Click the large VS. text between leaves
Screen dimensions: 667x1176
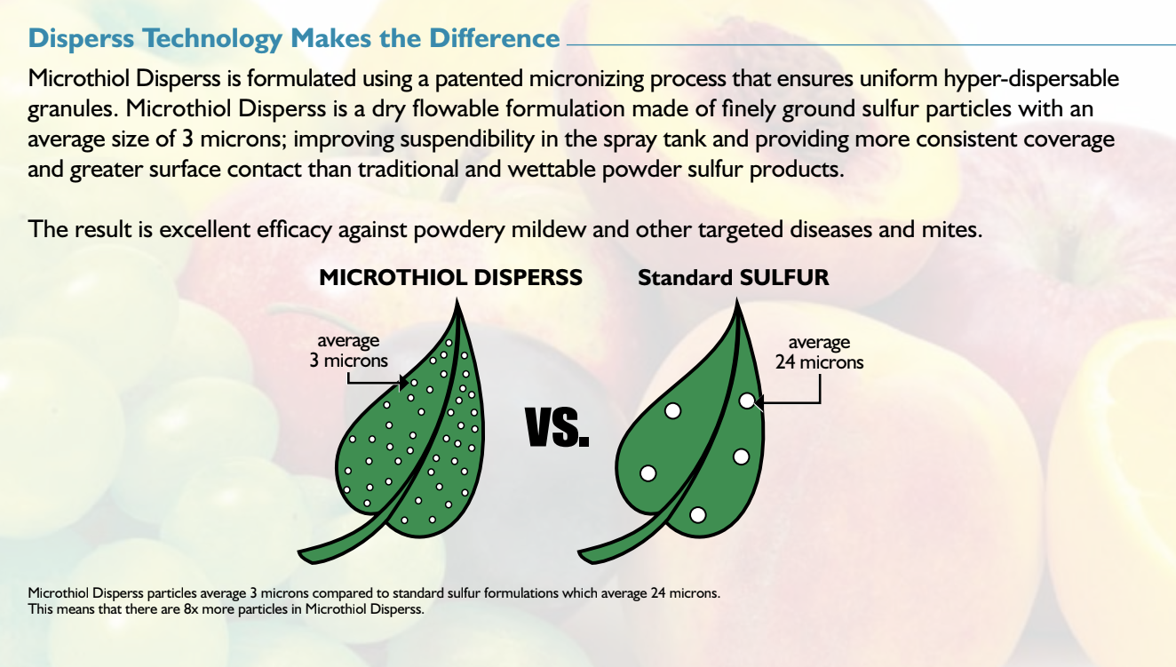point(557,428)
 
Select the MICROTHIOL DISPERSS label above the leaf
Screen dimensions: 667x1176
point(450,277)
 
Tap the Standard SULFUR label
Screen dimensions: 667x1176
point(733,277)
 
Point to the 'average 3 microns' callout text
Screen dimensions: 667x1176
point(348,351)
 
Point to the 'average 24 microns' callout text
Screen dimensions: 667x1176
point(819,353)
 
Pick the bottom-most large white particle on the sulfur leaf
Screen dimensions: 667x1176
point(697,514)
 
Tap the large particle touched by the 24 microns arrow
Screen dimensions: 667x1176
point(747,401)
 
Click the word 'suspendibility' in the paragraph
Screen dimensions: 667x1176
point(441,140)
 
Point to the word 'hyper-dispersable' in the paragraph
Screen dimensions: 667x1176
point(1042,79)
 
